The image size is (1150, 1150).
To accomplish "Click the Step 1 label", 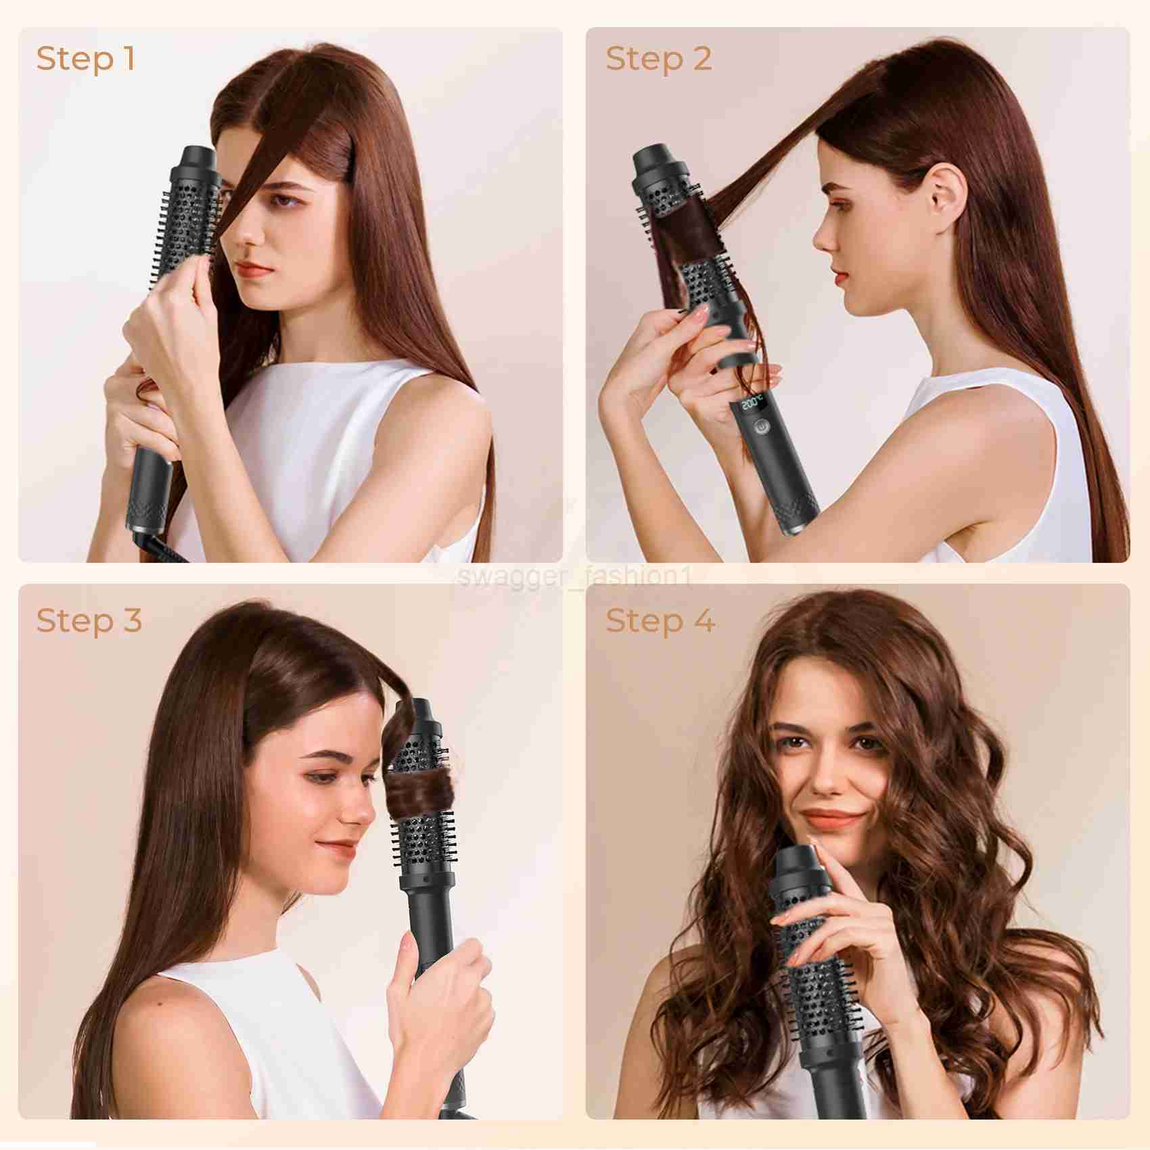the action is [86, 59].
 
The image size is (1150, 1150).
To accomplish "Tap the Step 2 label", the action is [659, 59].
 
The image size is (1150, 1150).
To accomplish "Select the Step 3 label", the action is [89, 620].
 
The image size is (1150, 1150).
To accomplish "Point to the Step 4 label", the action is [660, 620].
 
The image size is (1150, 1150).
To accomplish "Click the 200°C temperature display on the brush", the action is [753, 405].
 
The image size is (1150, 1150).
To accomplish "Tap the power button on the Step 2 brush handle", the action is [762, 428].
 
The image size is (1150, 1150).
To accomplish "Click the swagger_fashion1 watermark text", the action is [575, 577].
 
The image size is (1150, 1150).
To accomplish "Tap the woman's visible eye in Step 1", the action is [283, 200].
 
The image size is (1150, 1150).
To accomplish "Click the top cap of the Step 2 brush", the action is [660, 163].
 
